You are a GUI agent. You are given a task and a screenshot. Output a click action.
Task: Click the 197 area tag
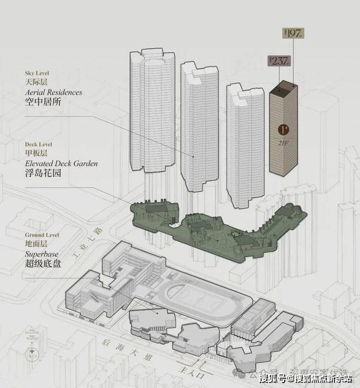click(x=293, y=33)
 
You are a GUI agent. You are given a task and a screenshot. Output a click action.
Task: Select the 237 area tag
click(x=277, y=61)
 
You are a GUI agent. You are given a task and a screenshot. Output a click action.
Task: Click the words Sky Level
click(x=37, y=72)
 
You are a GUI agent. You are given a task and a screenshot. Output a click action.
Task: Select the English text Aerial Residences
click(x=53, y=92)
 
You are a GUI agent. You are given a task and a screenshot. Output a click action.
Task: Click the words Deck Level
click(x=39, y=144)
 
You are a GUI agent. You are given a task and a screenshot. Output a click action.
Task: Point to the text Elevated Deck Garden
click(x=61, y=163)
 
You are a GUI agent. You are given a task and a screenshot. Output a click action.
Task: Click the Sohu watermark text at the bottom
click(x=305, y=378)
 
